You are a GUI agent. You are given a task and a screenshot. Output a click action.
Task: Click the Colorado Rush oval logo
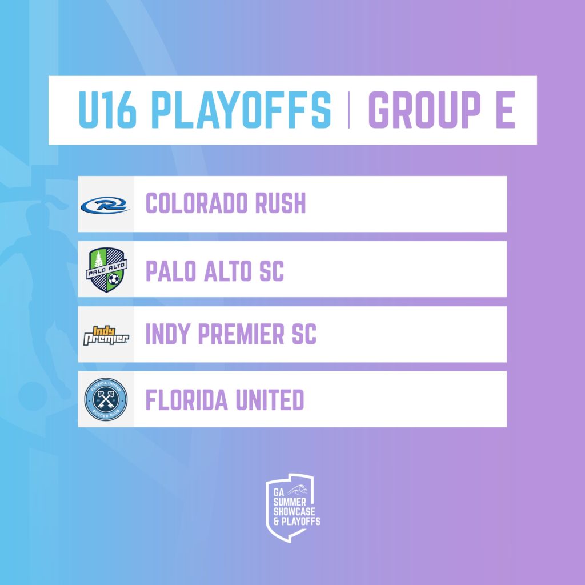coord(105,205)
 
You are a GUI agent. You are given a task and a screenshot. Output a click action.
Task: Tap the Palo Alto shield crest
coord(106,270)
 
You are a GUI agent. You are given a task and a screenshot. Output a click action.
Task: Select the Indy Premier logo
coord(106,335)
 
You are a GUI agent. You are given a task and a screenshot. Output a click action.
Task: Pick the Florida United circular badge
coord(106,399)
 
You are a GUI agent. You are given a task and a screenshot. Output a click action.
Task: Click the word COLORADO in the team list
coord(197,203)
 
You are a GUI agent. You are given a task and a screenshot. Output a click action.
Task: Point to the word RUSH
coord(280,203)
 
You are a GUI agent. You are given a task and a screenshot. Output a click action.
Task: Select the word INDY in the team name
coord(168,334)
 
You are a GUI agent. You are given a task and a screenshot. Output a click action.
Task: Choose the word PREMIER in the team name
coord(241,334)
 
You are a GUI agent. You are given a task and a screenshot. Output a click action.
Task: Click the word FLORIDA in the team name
coord(187,399)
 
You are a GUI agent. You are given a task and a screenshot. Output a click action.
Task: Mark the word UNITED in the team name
coord(270,399)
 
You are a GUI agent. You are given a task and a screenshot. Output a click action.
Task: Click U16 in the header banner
coord(107,110)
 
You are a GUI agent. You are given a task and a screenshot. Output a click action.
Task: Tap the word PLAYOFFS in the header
coord(241,110)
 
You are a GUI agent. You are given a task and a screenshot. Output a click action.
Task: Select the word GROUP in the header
coord(424,110)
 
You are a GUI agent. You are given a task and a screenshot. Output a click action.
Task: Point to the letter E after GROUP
coord(506,110)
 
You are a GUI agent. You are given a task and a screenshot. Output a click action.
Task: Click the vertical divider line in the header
coord(349,110)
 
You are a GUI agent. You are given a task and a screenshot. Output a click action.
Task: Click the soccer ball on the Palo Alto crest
coord(114,279)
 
